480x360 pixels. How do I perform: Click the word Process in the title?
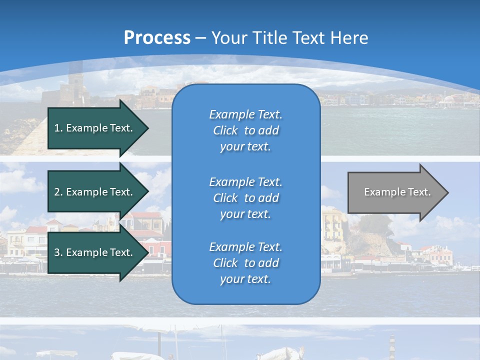(x=157, y=38)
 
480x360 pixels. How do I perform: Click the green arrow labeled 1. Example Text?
(x=95, y=128)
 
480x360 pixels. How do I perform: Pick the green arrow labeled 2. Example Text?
(x=95, y=192)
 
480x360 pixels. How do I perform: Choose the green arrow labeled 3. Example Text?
(x=95, y=252)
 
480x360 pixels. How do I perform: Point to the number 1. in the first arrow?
(x=58, y=128)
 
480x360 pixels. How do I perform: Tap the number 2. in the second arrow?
(x=58, y=192)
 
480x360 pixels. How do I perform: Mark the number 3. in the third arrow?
(x=58, y=252)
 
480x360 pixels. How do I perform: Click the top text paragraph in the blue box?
(x=245, y=130)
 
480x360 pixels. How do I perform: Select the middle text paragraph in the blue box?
(x=245, y=198)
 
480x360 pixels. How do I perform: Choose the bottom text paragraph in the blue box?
(x=245, y=263)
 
